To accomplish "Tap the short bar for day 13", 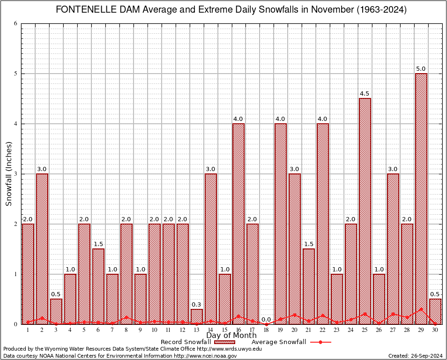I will point(197,316).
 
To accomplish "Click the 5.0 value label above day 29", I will point(421,69).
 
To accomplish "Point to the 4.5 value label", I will point(365,94).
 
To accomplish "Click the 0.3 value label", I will point(196,305).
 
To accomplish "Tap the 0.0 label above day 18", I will point(266,320).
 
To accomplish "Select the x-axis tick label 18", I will point(266,330).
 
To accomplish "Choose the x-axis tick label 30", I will point(435,330).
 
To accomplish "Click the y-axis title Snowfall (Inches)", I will point(8,174).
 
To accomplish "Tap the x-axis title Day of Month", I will point(231,336).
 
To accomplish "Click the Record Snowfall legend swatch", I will point(225,342).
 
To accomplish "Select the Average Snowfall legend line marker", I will point(320,342).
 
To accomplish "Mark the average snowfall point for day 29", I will point(421,309).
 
